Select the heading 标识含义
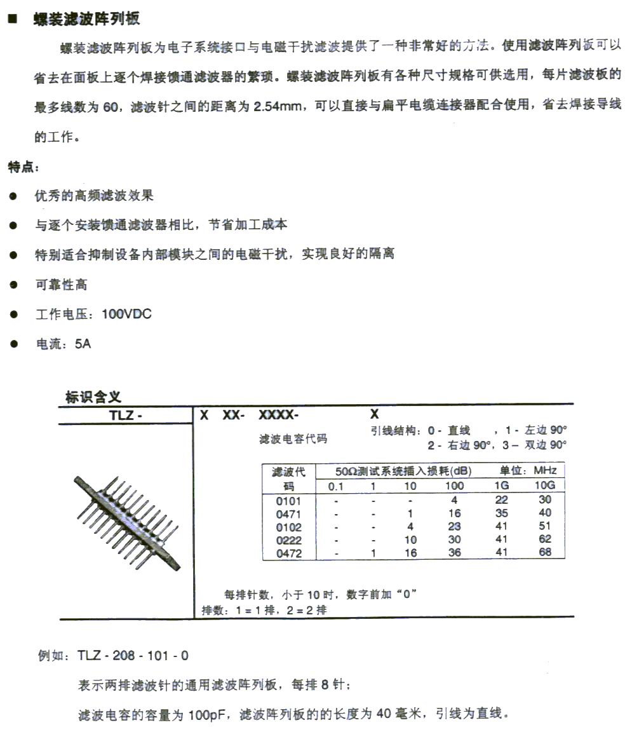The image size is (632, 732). coord(93,397)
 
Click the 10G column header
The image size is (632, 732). coord(545,486)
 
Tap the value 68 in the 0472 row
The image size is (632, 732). coord(545,553)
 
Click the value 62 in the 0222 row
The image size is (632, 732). coord(545,540)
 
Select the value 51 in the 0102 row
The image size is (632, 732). coord(545,527)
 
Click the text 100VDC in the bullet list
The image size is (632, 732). coord(126,314)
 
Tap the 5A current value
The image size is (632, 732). coord(83,344)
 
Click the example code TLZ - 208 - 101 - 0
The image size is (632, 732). coord(133,656)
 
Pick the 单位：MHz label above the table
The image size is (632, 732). coord(528,471)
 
